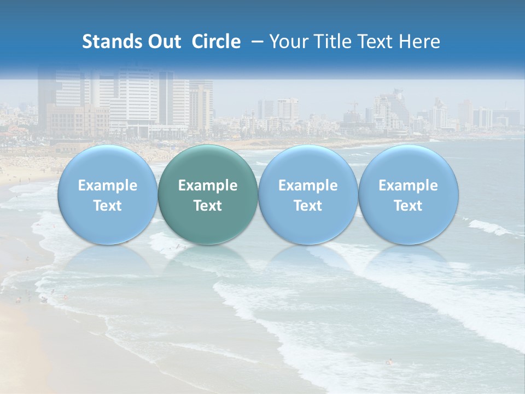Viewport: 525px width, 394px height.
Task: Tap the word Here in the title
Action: coord(419,42)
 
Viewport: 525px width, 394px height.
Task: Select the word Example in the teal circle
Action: coord(208,186)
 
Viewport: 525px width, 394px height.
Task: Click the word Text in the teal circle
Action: coord(208,206)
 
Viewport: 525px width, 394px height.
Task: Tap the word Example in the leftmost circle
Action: coord(108,186)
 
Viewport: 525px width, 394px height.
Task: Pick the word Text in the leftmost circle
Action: coord(108,206)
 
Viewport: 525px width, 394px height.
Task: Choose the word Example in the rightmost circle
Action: coord(408,186)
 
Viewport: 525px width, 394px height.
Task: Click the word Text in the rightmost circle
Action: coord(408,206)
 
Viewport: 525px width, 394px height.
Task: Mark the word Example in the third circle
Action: coord(308,186)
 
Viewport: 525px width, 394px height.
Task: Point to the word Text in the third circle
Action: coord(308,206)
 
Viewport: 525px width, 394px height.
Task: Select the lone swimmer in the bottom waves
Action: coord(389,361)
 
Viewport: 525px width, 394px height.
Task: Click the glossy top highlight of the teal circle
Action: coord(208,156)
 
